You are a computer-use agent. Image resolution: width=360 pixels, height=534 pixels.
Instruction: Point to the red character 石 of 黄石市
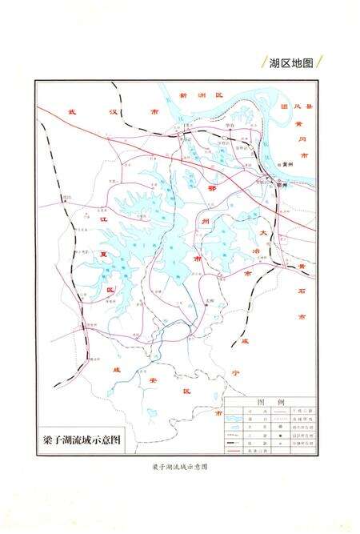[x=301, y=290]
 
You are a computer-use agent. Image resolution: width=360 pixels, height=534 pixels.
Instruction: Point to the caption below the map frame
[x=179, y=467]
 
